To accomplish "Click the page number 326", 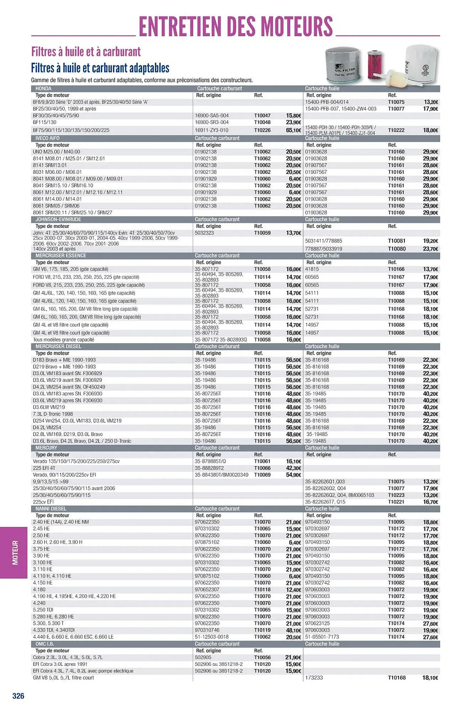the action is point(18,696).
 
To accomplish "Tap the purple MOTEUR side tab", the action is point(14,552).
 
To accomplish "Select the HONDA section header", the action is point(43,89).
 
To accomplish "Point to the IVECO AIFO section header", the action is point(47,138).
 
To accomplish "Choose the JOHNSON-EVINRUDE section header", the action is point(53,219).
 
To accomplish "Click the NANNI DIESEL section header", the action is point(51,509).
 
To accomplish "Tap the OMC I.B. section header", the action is point(45,644).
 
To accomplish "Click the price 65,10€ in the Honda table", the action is point(293,130).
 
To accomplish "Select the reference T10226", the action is point(262,130).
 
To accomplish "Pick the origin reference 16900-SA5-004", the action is point(212,116).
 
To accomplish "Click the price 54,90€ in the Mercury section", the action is point(293,475).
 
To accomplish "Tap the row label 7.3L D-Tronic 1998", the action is point(53,414).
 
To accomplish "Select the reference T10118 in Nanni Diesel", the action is point(262,589).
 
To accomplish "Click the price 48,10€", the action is point(293,630).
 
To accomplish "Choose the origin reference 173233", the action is point(314,678).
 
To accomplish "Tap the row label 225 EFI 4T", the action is point(44,468).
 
